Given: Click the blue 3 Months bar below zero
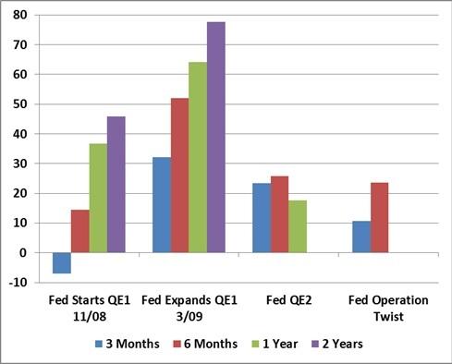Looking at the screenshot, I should (x=62, y=262).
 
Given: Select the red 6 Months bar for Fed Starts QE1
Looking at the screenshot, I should (x=80, y=231).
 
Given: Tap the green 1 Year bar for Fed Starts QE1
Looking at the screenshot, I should (x=99, y=198).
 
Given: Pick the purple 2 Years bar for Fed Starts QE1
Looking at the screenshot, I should (x=116, y=184).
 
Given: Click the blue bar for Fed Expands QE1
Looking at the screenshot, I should (x=162, y=204).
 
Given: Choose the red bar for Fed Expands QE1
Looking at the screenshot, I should (x=180, y=175).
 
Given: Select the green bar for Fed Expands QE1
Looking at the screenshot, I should (x=198, y=157).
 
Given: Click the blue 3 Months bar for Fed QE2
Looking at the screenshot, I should (x=262, y=217).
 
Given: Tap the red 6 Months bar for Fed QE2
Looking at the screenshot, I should (x=280, y=213).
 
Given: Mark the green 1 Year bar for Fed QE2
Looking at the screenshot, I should (x=298, y=225).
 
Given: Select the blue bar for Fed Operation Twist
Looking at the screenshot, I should (x=361, y=237).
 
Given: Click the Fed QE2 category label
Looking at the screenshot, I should (x=280, y=300).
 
